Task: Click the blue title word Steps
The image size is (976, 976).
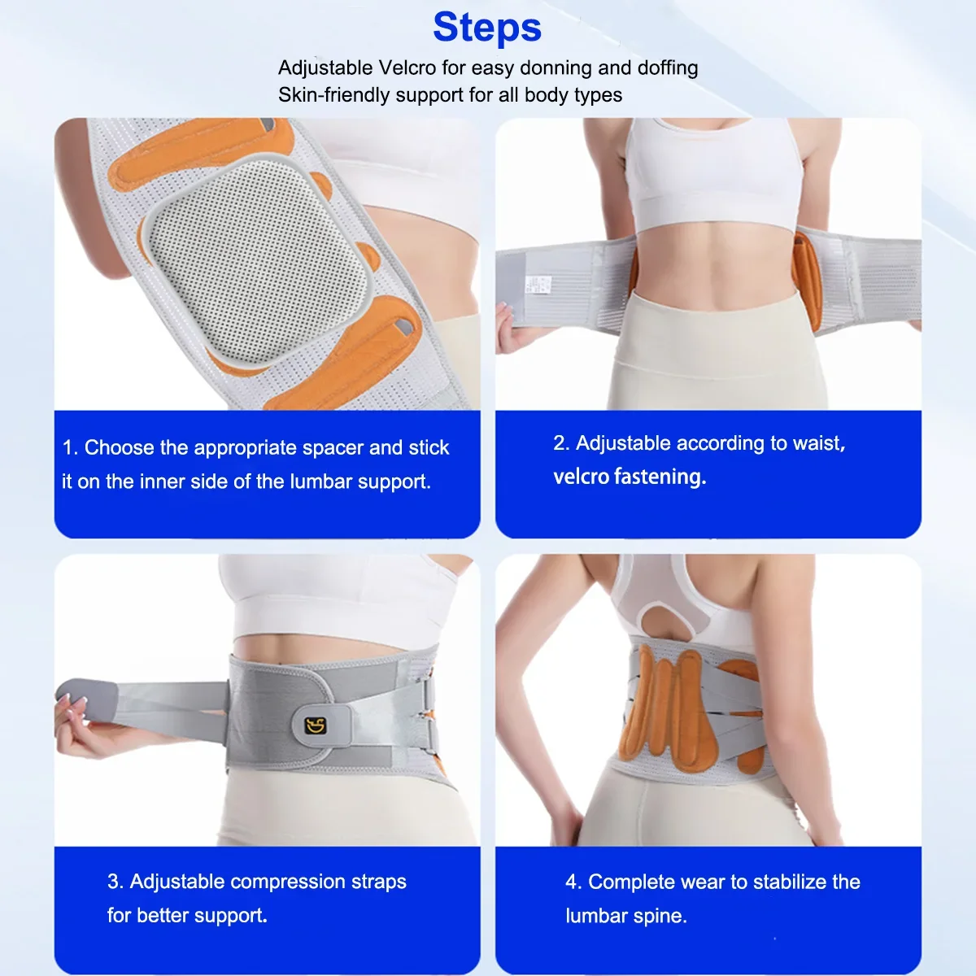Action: (x=487, y=28)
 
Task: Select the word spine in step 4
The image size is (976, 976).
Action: (x=663, y=917)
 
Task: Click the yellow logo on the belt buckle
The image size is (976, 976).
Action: (x=316, y=725)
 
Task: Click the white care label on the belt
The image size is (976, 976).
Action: (x=538, y=284)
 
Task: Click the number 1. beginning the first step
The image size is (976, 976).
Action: (x=70, y=448)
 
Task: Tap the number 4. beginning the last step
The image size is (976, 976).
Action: (x=573, y=882)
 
